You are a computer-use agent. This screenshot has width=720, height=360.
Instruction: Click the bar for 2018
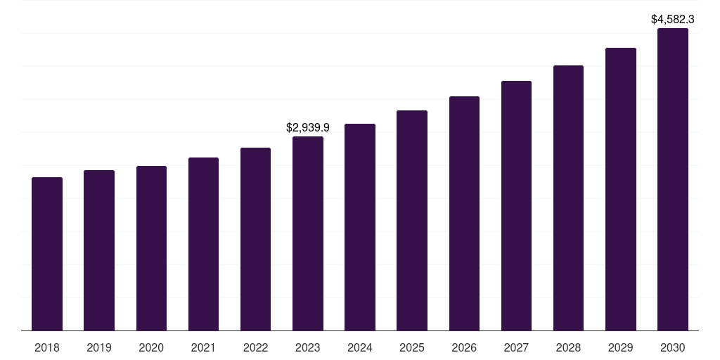[x=47, y=254]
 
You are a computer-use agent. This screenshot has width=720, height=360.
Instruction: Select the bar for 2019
[x=99, y=250]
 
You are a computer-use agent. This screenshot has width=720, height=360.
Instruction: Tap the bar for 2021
[x=203, y=244]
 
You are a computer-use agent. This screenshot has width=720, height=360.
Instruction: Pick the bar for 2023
[x=308, y=233]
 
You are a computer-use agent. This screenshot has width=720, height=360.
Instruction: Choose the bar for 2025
[x=412, y=220]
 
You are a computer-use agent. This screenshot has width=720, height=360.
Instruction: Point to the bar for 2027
[x=516, y=205]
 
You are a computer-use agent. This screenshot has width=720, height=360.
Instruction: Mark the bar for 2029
[x=621, y=189]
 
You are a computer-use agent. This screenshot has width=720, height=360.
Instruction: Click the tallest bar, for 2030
[x=673, y=179]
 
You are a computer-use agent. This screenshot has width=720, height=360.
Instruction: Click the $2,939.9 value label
[x=308, y=128]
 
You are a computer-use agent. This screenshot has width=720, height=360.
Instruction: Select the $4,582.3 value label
[x=673, y=20]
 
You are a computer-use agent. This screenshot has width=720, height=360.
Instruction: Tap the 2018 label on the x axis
[x=47, y=347]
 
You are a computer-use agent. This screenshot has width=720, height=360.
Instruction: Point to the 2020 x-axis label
[x=151, y=347]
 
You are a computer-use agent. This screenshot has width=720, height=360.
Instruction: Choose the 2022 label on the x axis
[x=255, y=347]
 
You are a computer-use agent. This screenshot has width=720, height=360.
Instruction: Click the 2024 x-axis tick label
[x=360, y=347]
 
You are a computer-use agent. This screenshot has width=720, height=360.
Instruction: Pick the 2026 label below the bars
[x=464, y=347]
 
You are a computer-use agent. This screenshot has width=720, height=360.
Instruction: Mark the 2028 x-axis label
[x=568, y=347]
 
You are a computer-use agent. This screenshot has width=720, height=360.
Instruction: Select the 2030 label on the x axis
[x=673, y=347]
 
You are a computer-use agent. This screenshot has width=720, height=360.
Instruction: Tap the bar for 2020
[x=151, y=248]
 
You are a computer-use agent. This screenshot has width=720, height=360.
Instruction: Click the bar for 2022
[x=255, y=239]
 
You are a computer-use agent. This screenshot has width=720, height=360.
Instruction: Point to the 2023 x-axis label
[x=308, y=347]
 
